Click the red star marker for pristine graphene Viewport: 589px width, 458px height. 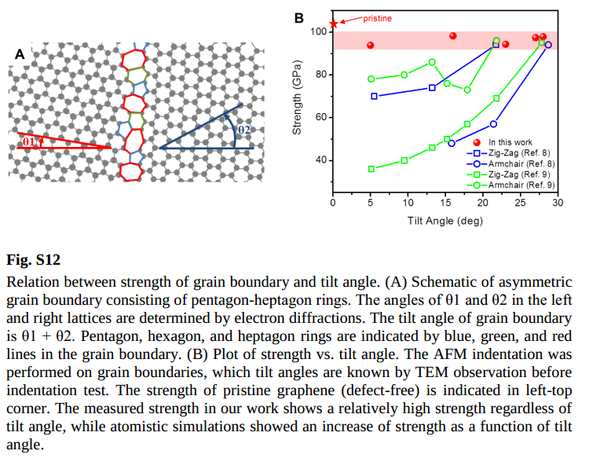click(333, 24)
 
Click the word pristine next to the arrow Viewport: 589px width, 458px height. click(378, 17)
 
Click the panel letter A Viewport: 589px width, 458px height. click(20, 54)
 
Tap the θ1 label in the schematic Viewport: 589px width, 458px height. click(29, 141)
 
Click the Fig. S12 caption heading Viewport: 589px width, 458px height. click(33, 259)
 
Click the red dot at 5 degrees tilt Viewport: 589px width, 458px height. click(370, 46)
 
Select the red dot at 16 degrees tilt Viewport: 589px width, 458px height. click(453, 36)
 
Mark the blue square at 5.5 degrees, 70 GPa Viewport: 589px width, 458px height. click(374, 96)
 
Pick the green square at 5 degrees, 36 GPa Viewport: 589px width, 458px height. click(371, 169)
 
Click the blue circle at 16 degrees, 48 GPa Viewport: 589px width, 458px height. click(452, 144)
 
